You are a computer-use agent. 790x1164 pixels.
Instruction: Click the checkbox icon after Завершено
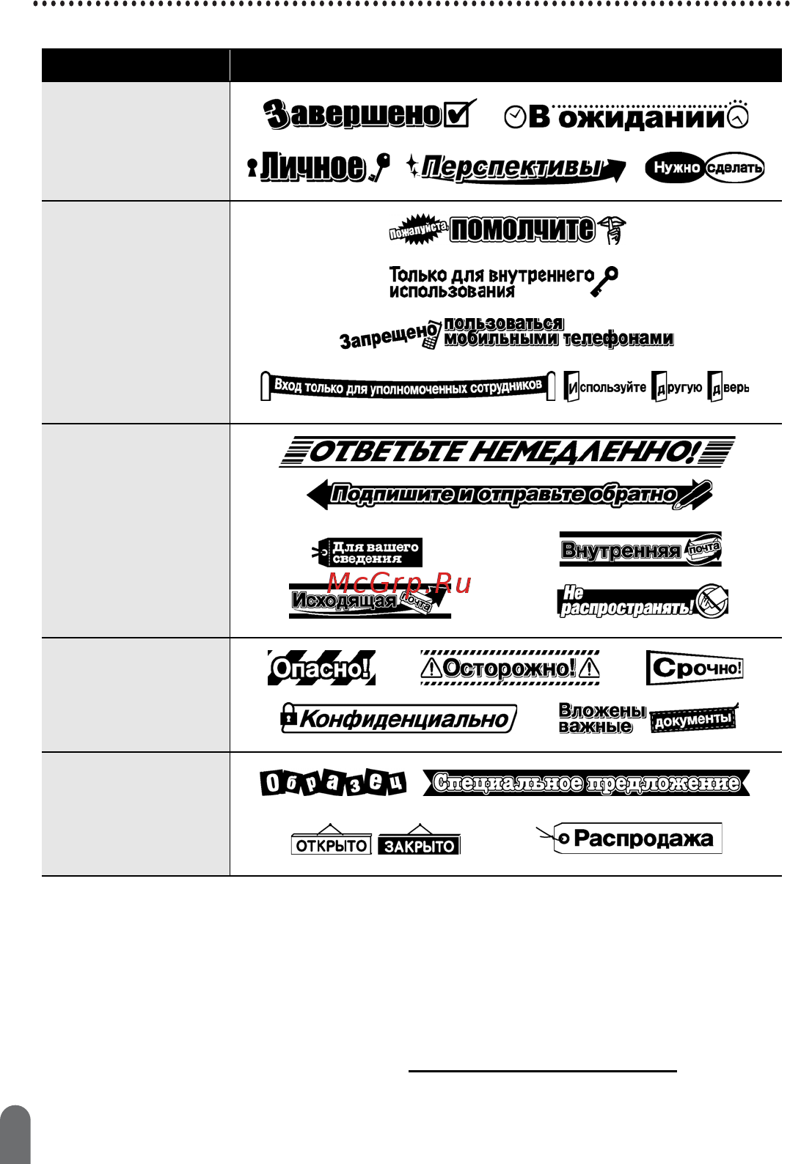pyautogui.click(x=458, y=114)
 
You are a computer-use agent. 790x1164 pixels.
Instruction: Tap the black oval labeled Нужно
pyautogui.click(x=675, y=168)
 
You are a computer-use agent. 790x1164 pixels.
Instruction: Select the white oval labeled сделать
pyautogui.click(x=734, y=168)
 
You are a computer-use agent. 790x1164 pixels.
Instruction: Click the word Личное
pyautogui.click(x=313, y=167)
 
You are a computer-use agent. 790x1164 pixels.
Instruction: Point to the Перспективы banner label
pyautogui.click(x=513, y=168)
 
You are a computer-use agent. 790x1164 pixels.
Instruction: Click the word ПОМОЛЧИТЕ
pyautogui.click(x=522, y=229)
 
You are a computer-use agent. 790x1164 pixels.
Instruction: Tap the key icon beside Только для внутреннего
pyautogui.click(x=605, y=281)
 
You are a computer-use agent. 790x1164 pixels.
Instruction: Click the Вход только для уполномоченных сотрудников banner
pyautogui.click(x=408, y=386)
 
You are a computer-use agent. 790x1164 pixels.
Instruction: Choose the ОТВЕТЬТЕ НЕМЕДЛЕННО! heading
pyautogui.click(x=506, y=452)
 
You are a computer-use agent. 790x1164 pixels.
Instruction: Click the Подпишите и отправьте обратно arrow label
pyautogui.click(x=506, y=495)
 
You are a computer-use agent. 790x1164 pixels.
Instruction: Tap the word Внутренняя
pyautogui.click(x=621, y=550)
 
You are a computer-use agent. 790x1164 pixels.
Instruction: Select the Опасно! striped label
pyautogui.click(x=321, y=668)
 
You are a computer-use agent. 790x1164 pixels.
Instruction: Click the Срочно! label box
pyautogui.click(x=695, y=668)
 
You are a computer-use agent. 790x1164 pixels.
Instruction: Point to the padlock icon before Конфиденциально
pyautogui.click(x=289, y=717)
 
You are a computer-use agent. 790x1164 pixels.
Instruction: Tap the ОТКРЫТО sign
pyautogui.click(x=331, y=845)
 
